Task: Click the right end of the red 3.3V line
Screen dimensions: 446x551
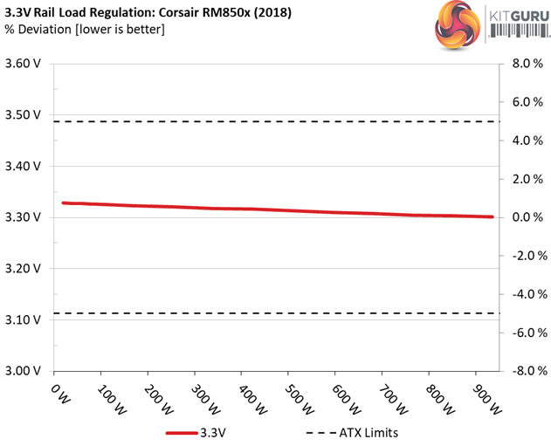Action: (492, 216)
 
